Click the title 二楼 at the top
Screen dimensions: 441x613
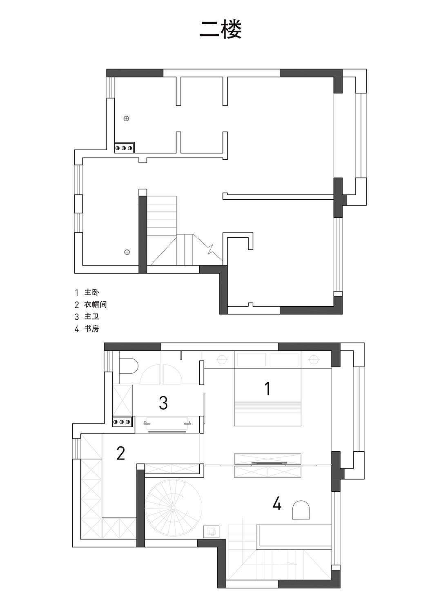coord(220,29)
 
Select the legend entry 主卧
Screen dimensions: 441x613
coord(91,292)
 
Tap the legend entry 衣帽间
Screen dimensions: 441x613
coord(95,304)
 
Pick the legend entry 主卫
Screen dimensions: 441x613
coord(91,317)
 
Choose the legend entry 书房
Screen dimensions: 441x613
coord(91,328)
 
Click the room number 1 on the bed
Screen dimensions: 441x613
coord(267,389)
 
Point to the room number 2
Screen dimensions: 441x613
coord(120,453)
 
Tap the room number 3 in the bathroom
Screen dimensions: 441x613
coord(163,403)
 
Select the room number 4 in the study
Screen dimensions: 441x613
coord(277,504)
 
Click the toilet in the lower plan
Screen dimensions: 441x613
coord(129,366)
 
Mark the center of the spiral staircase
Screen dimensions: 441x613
coord(173,508)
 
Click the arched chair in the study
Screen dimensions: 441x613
coord(301,510)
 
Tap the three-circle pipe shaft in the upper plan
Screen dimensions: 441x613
coord(124,148)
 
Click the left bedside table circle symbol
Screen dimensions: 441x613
coord(222,359)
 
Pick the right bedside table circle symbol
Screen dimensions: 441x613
coord(314,359)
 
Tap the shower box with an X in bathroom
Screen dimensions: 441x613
coord(122,400)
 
